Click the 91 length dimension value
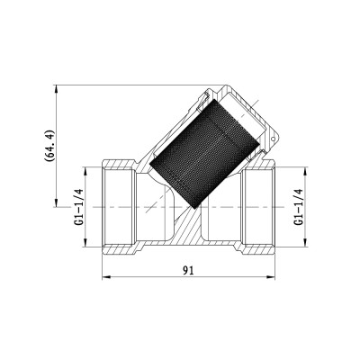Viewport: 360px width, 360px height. pos(189,269)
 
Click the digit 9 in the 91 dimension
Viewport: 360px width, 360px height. pos(185,269)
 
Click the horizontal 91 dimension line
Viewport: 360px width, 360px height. pos(144,276)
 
